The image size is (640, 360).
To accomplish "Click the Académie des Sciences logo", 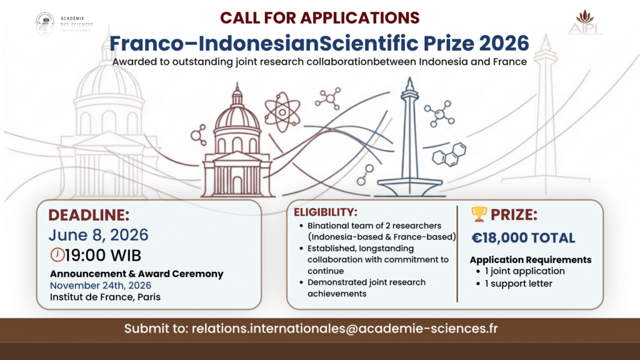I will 45,24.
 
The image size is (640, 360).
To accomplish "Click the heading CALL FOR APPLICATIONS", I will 319,17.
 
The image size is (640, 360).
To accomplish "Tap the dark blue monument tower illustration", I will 410,137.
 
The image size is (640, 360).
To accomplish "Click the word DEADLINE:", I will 89,216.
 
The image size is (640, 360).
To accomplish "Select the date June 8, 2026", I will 98,235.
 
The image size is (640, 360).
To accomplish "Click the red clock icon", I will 57,255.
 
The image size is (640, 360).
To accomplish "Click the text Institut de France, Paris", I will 105,297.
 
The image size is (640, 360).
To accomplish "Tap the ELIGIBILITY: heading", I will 334,212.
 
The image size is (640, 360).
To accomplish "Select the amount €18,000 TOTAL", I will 523,238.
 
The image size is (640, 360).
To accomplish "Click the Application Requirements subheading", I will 530,259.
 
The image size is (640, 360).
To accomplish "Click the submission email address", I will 346,329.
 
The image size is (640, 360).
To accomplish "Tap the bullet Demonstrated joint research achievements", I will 366,287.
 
